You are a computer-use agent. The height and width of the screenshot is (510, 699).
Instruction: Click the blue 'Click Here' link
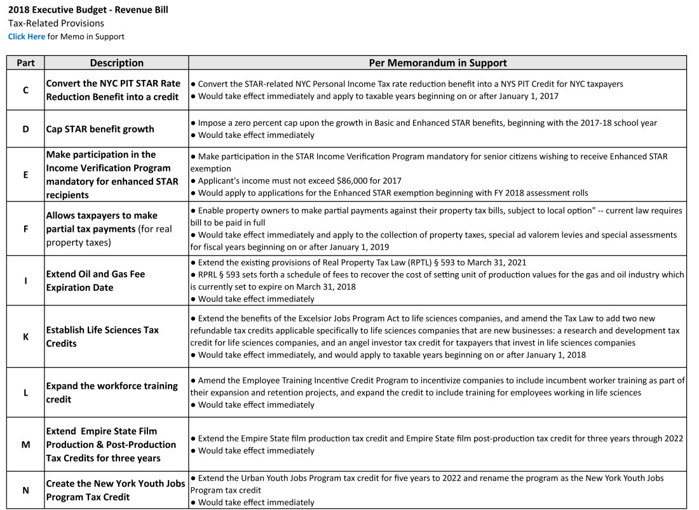click(x=27, y=37)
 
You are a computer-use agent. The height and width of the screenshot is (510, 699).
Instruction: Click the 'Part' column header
click(x=25, y=63)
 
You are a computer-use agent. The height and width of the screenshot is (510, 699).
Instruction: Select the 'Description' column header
click(x=116, y=63)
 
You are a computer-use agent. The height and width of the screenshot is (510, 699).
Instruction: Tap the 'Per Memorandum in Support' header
click(x=438, y=63)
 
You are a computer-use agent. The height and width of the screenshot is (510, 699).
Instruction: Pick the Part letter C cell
click(x=25, y=90)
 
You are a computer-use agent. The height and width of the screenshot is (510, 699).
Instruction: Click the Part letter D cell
click(x=25, y=129)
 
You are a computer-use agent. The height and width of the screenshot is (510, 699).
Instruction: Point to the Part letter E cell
click(x=25, y=175)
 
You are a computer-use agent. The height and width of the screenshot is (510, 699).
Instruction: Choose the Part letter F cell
click(x=25, y=229)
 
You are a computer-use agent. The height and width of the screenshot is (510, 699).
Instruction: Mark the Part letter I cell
click(x=25, y=281)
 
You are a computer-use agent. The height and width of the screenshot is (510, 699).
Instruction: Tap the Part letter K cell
click(x=25, y=337)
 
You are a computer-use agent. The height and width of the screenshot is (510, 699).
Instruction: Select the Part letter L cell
click(x=25, y=393)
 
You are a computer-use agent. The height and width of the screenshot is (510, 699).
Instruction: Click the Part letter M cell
click(x=25, y=445)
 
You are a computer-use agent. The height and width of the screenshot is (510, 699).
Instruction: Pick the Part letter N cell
click(x=25, y=490)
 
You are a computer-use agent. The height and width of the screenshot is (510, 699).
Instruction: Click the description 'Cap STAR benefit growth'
click(x=100, y=129)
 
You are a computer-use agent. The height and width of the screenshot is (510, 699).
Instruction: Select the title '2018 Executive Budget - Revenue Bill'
click(x=88, y=10)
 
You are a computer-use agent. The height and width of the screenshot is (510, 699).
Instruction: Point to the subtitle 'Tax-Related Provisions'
click(x=56, y=23)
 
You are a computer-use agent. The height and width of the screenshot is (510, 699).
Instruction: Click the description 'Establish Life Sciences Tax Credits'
click(x=102, y=337)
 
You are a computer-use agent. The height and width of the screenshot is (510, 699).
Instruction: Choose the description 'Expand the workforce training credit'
click(x=112, y=393)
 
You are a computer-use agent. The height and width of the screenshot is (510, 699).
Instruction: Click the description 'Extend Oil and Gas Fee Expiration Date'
click(x=95, y=281)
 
